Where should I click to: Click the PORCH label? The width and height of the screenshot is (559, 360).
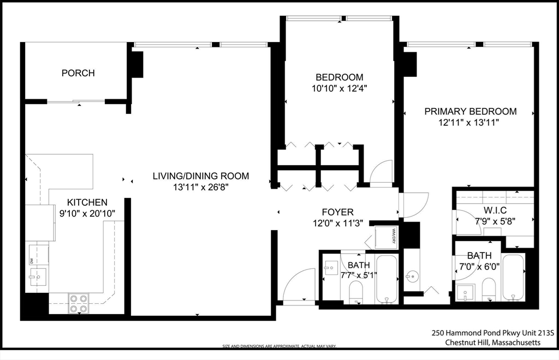(78, 73)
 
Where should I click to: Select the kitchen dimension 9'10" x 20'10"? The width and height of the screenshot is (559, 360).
(87, 213)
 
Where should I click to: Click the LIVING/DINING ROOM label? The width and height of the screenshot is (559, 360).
(200, 176)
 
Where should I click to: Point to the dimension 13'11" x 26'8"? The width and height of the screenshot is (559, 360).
(200, 187)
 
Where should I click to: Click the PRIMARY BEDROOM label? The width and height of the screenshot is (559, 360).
(470, 112)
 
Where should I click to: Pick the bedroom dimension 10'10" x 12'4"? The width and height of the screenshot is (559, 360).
(339, 88)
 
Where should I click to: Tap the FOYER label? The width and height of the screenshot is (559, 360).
(337, 212)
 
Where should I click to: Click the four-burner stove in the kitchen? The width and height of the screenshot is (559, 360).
(78, 303)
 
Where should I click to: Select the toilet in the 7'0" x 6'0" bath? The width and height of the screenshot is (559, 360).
(489, 289)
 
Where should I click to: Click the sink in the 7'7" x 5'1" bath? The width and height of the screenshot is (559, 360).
(331, 268)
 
